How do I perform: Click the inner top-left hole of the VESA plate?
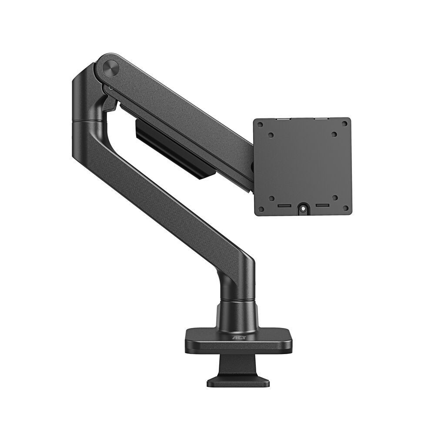(271, 135)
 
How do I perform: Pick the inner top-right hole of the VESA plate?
(334, 135)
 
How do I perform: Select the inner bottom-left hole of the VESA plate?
(271, 198)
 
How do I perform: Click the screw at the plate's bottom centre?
(302, 208)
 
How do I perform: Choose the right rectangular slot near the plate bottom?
(321, 204)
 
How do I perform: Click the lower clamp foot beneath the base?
(238, 381)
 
